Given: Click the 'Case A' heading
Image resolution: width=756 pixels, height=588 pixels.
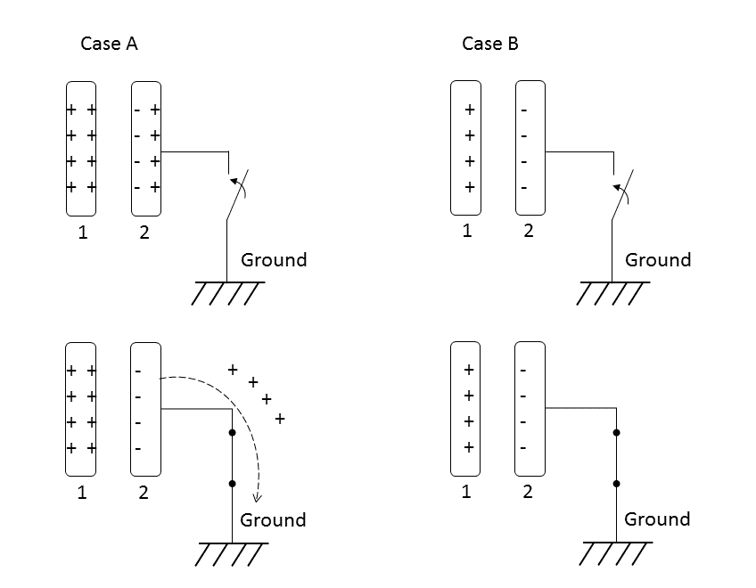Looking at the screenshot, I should [x=109, y=44].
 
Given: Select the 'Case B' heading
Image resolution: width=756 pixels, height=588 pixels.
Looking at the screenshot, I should [x=490, y=44].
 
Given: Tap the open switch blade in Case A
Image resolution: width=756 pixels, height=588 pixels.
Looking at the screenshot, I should [x=237, y=195].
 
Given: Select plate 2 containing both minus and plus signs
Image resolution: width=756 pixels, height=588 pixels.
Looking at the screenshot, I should [x=145, y=149].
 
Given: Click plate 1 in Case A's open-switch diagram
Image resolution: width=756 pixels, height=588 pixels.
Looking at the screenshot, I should [x=81, y=149].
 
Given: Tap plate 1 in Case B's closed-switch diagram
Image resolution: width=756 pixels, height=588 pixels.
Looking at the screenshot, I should [x=466, y=409].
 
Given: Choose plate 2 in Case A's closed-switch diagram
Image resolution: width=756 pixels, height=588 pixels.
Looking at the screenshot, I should [x=145, y=409].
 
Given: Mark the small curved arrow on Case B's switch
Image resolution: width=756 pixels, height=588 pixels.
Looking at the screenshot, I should [x=617, y=188].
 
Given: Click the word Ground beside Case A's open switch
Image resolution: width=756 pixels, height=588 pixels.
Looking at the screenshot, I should [x=274, y=260].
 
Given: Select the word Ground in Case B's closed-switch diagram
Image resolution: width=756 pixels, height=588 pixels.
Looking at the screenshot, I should [x=657, y=519].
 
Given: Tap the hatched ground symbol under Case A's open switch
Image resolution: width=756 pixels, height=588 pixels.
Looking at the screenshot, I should [x=228, y=292].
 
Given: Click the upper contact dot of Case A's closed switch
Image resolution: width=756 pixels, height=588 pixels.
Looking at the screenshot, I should [x=232, y=432].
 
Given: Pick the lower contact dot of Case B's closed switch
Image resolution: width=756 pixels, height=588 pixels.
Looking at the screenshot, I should [x=616, y=484].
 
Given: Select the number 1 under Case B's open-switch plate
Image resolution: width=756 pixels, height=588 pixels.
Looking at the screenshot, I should [x=466, y=232].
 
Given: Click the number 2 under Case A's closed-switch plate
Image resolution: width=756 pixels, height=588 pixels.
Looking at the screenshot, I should [x=144, y=492].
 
